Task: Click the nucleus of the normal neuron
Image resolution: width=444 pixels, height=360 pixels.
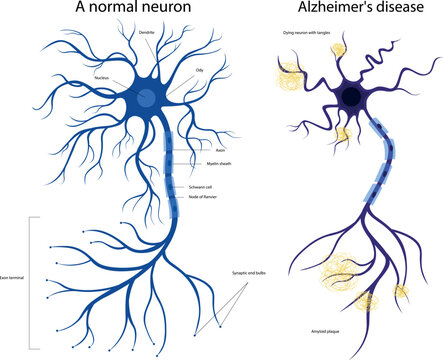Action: pos(146,98)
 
